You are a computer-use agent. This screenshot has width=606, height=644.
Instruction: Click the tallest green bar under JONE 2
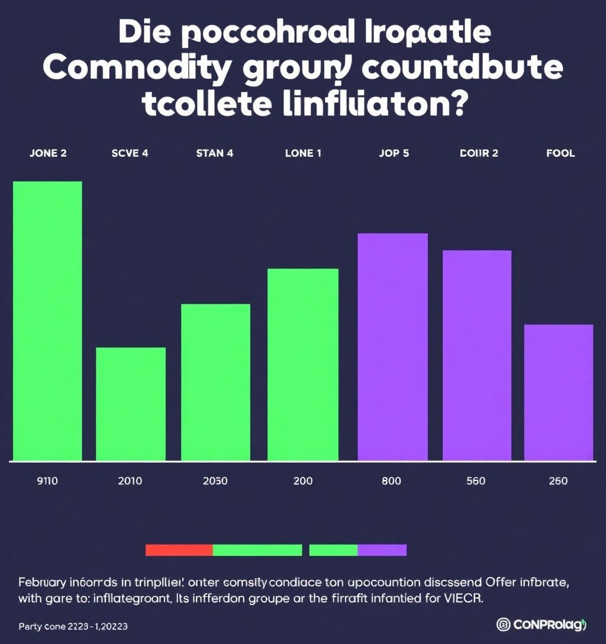point(47,321)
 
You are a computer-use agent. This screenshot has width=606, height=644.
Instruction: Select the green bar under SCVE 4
point(131,404)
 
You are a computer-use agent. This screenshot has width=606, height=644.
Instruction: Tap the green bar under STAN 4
point(215,382)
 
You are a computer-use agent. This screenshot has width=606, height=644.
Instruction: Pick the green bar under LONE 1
point(303,364)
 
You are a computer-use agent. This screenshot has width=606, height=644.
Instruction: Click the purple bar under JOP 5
point(393,346)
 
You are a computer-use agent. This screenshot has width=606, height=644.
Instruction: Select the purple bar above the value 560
point(477,355)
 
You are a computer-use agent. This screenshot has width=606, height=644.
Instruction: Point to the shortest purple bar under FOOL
point(559,392)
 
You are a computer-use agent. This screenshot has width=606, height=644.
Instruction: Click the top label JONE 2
point(48,153)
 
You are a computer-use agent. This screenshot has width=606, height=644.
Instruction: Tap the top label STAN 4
point(214,153)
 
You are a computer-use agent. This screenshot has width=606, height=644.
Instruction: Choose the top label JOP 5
point(394,153)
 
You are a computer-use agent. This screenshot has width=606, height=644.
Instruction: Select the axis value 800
point(391,481)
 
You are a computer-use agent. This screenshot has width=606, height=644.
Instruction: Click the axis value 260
point(557,481)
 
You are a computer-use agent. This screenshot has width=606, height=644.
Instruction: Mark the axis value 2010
point(130,481)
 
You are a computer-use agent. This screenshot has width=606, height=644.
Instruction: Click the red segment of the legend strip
point(179,550)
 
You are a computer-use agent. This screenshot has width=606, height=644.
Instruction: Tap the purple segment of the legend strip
point(382,550)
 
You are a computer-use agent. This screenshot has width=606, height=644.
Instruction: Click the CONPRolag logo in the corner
point(541,624)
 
